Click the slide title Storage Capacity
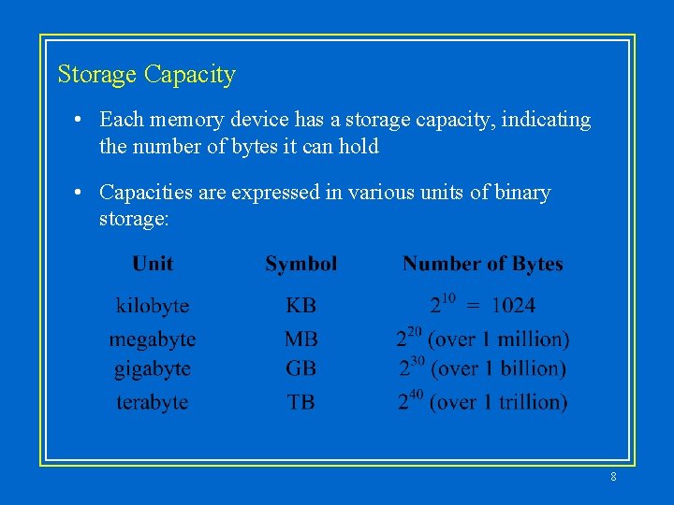pyautogui.click(x=146, y=75)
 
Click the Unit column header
pyautogui.click(x=153, y=264)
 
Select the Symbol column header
pyautogui.click(x=300, y=264)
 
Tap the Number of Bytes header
pyautogui.click(x=483, y=264)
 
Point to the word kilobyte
pyautogui.click(x=153, y=306)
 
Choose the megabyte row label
pyautogui.click(x=153, y=339)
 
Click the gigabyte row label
pyautogui.click(x=153, y=369)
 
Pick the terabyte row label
pyautogui.click(x=153, y=402)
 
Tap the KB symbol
pyautogui.click(x=300, y=306)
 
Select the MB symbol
pyautogui.click(x=300, y=339)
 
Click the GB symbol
pyautogui.click(x=300, y=369)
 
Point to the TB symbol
pyautogui.click(x=300, y=402)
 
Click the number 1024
pyautogui.click(x=513, y=306)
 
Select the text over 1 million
pyautogui.click(x=499, y=339)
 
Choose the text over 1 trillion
pyautogui.click(x=499, y=402)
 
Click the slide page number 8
pyautogui.click(x=613, y=477)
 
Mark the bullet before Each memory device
pyautogui.click(x=82, y=120)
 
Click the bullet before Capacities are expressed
pyautogui.click(x=82, y=193)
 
